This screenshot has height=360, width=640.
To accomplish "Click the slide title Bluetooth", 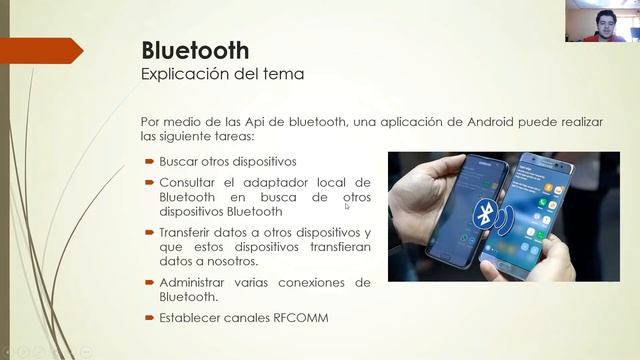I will click(195, 50).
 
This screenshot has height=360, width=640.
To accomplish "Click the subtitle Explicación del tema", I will click(222, 73).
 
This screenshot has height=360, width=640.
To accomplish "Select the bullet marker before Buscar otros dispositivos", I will click(148, 160).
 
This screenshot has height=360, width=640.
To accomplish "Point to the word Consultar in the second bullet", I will click(189, 183).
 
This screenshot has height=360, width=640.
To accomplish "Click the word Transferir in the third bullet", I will click(190, 233).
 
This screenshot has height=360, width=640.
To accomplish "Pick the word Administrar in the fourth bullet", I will click(195, 283).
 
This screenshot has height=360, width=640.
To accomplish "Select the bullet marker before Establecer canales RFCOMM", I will click(148, 318).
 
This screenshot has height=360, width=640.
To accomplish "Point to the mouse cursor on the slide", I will click(348, 207).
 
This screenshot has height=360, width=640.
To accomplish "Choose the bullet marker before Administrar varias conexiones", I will click(148, 283).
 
